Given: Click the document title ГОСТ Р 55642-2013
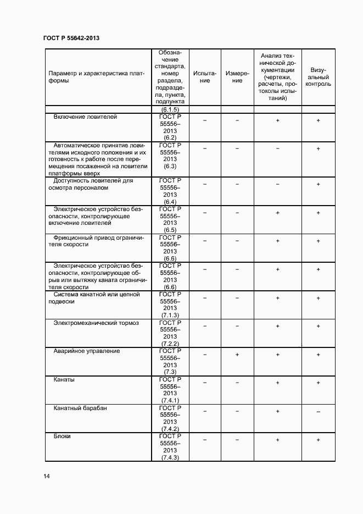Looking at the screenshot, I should pyautogui.click(x=71, y=38).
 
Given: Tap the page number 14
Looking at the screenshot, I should pyautogui.click(x=47, y=476).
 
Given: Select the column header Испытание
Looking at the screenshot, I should pyautogui.click(x=205, y=77).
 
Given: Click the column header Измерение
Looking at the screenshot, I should pyautogui.click(x=237, y=77).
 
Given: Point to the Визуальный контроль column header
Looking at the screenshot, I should pyautogui.click(x=318, y=78).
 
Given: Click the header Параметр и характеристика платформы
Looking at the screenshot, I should pyautogui.click(x=96, y=77).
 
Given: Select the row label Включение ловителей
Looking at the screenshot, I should pyautogui.click(x=85, y=117).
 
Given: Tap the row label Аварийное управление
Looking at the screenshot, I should pyautogui.click(x=87, y=351).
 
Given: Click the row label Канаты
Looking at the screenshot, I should pyautogui.click(x=64, y=379).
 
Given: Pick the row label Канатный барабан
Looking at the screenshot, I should pyautogui.click(x=80, y=408).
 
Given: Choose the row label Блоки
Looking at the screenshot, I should pyautogui.click(x=62, y=436).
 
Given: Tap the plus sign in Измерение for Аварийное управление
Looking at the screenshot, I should pyautogui.click(x=237, y=355).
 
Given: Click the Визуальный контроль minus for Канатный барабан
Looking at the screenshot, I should pyautogui.click(x=318, y=412).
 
